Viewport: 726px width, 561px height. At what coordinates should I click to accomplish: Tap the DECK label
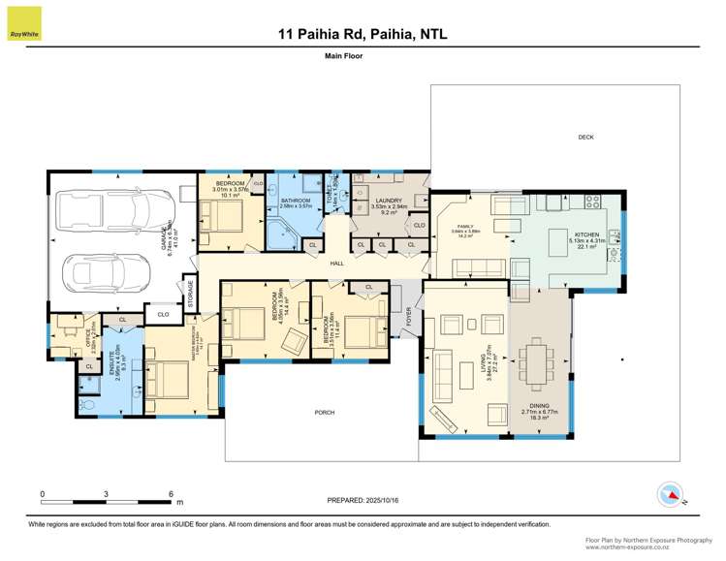[585, 138]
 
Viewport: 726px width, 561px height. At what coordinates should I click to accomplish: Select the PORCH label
[324, 412]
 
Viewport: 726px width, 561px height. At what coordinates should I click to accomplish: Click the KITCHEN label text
[586, 235]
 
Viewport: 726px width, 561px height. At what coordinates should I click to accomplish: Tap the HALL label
[337, 264]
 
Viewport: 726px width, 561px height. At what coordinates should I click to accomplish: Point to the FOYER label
[409, 314]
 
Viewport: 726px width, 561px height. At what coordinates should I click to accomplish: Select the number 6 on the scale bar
[171, 493]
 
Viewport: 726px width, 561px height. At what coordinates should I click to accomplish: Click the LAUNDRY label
[388, 202]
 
